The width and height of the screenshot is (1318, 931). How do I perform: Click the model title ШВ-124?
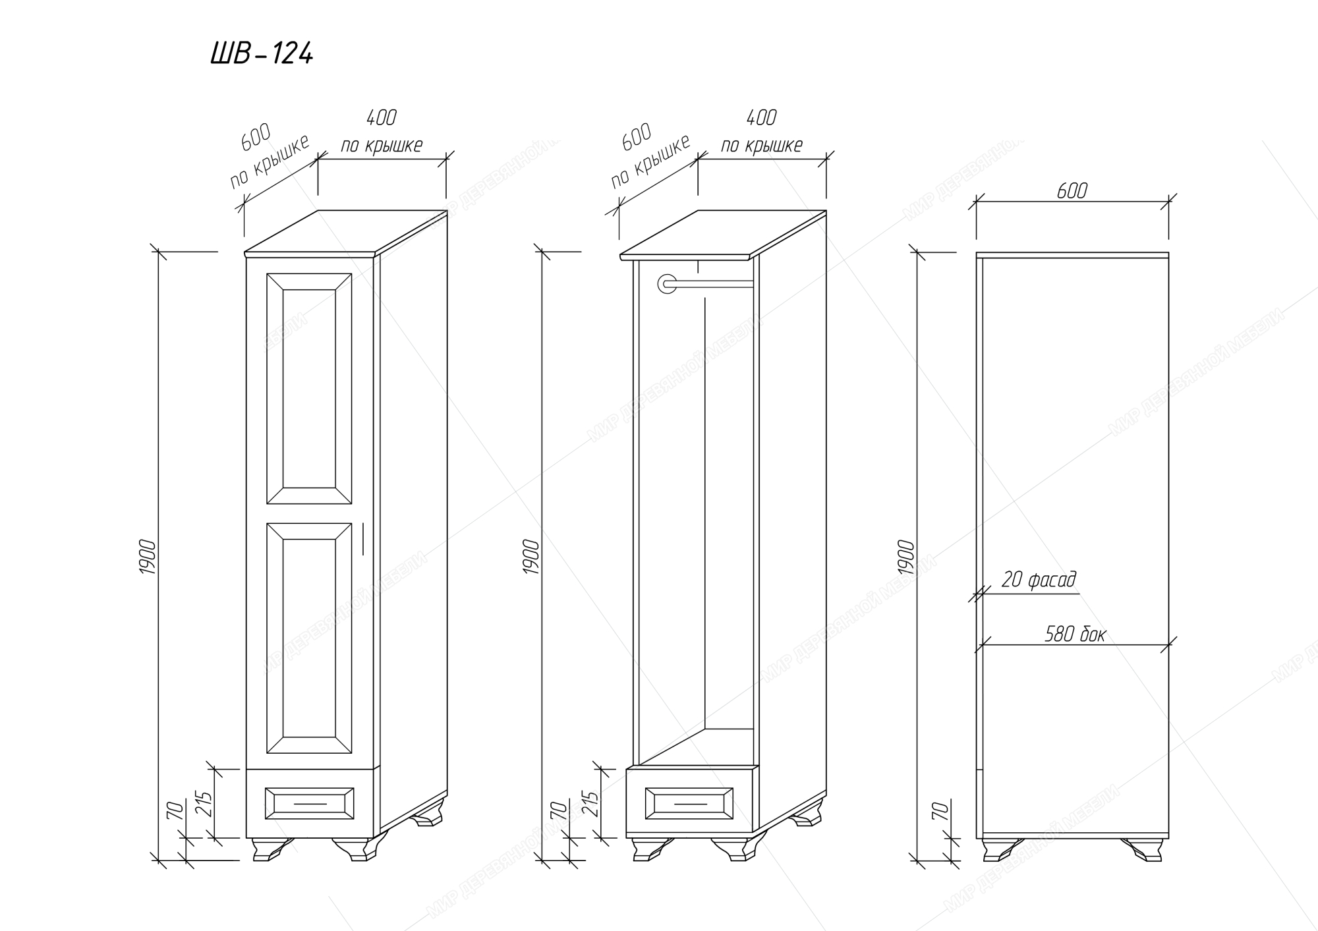[x=262, y=53]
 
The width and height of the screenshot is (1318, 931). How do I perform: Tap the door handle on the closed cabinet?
[x=362, y=539]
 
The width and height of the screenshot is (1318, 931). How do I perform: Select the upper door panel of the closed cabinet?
[x=309, y=389]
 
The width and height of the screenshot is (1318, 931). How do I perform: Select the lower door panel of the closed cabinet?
[x=309, y=638]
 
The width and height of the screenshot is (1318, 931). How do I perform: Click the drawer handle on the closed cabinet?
[x=310, y=804]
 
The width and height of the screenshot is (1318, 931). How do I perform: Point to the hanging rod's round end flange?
[x=667, y=284]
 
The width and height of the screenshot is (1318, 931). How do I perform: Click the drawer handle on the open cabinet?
[x=690, y=804]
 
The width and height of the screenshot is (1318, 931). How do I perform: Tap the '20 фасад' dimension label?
[x=1039, y=580]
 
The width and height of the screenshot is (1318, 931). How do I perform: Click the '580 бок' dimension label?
[x=1075, y=635]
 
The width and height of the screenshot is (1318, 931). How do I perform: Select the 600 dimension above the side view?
[x=1072, y=191]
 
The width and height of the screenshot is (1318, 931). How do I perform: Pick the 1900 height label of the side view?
[x=907, y=557]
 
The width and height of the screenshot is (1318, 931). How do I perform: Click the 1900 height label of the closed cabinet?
[x=148, y=557]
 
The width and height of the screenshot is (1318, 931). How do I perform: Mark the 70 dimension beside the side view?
[x=941, y=811]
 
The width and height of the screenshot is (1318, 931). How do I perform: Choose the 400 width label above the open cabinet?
[x=761, y=118]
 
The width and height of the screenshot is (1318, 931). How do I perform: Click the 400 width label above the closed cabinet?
[x=381, y=118]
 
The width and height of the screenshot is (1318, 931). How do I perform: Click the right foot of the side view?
[x=1143, y=849]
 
